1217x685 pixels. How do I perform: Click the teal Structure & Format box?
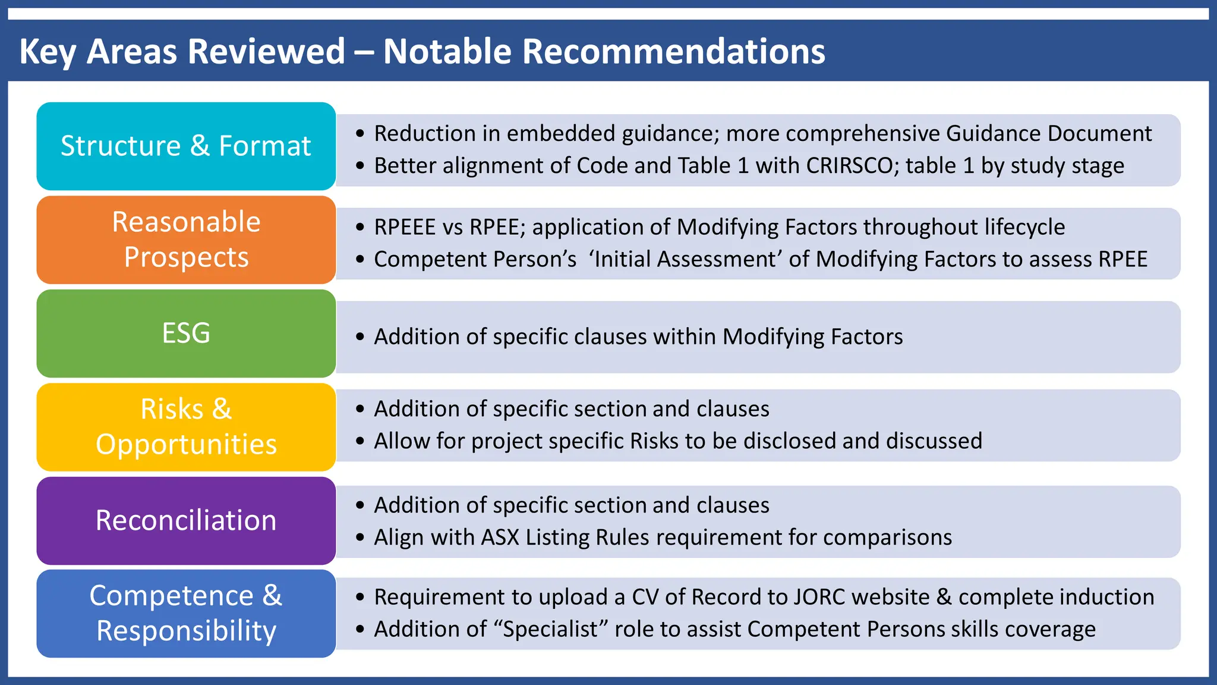[186, 146]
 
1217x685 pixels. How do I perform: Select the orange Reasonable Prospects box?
[186, 240]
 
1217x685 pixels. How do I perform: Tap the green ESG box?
[186, 333]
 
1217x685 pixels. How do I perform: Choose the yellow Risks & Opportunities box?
[186, 427]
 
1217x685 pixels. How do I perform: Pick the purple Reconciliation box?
[186, 520]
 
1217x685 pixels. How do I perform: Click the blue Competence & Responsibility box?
[186, 613]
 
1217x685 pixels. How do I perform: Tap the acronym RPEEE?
[405, 227]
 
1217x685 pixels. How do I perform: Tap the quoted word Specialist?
[550, 629]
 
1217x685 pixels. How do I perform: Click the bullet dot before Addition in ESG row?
[360, 337]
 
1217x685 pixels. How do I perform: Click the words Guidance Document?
[1048, 134]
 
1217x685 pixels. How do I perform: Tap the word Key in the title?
[48, 51]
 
